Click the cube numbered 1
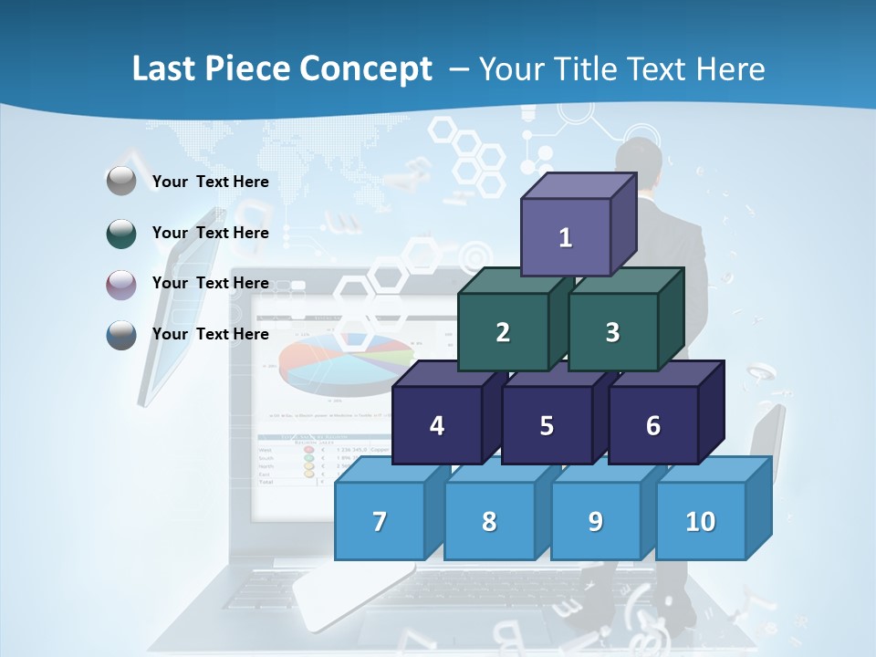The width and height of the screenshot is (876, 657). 566,237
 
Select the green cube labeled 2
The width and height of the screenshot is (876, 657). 503,332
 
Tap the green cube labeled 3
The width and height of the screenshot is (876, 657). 612,332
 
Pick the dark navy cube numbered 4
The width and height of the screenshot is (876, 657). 437,425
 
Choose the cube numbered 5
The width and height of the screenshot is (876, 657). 547,425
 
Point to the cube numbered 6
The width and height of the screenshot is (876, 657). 653,425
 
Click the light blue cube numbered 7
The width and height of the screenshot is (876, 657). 380,521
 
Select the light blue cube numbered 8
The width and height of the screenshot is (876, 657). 489,521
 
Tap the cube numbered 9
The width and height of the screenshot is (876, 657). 596,521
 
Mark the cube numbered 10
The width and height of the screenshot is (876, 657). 701,521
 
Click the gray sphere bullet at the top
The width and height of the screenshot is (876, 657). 121,182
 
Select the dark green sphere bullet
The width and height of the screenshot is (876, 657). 121,234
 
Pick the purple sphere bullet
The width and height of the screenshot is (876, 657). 121,285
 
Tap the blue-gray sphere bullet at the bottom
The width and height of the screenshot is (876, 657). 121,335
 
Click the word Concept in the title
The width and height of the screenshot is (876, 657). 365,69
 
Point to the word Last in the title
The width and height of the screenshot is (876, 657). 165,69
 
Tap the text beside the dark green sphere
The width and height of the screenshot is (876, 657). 210,233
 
